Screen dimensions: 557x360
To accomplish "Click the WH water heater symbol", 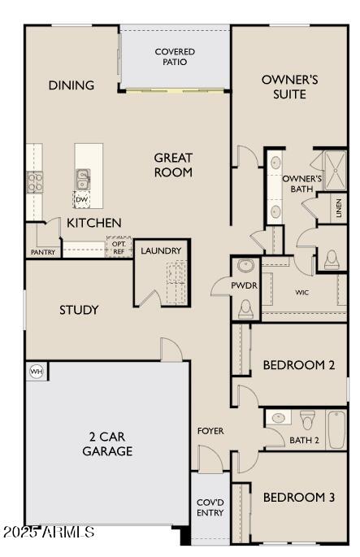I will (x=36, y=372).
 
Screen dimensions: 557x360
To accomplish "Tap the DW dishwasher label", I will (x=82, y=198).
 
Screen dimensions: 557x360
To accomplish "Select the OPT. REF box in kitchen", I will (x=118, y=247).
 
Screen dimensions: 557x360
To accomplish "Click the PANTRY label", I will (x=42, y=252).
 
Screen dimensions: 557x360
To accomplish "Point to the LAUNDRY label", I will (x=160, y=250).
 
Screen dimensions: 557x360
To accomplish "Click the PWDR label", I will (x=245, y=286).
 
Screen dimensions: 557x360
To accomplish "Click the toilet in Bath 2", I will (x=307, y=420).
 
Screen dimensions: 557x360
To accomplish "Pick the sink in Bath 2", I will (x=278, y=418).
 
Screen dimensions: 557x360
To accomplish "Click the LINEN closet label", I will (x=338, y=208).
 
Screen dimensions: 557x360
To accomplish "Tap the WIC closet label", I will (x=301, y=292).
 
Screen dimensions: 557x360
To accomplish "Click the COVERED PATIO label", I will (x=175, y=57).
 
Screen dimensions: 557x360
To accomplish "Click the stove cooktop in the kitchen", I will (x=34, y=182).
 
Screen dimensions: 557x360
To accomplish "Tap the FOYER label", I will (x=210, y=430).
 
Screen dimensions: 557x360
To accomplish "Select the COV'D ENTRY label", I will (x=210, y=508).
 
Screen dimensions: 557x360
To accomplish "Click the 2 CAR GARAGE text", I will (x=106, y=443).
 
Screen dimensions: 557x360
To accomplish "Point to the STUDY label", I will (x=79, y=310).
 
